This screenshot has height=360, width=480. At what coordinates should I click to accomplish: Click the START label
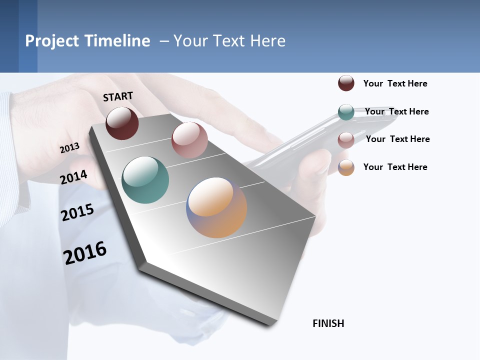pyautogui.click(x=118, y=96)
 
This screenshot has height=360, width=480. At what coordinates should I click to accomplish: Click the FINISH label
pyautogui.click(x=328, y=323)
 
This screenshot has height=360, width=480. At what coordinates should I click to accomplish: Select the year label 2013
pyautogui.click(x=69, y=147)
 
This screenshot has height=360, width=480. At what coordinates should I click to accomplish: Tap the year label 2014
pyautogui.click(x=73, y=177)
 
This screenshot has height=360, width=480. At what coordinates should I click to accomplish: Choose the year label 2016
pyautogui.click(x=85, y=252)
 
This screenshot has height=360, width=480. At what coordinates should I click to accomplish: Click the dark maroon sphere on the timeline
pyautogui.click(x=122, y=123)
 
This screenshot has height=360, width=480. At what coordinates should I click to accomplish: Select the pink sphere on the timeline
pyautogui.click(x=189, y=140)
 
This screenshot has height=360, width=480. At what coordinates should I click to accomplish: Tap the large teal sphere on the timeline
pyautogui.click(x=145, y=180)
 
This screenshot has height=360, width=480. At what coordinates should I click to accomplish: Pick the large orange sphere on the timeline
pyautogui.click(x=216, y=207)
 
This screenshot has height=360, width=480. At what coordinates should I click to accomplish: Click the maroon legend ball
pyautogui.click(x=346, y=83)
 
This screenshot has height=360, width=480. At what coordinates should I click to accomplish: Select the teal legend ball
pyautogui.click(x=346, y=112)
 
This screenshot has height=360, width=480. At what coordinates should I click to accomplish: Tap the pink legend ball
pyautogui.click(x=346, y=140)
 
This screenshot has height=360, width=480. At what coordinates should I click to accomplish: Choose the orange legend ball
pyautogui.click(x=346, y=167)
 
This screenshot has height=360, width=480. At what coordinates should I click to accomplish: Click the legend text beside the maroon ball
pyautogui.click(x=395, y=83)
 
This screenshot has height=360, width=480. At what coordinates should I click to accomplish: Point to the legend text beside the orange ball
pyautogui.click(x=395, y=167)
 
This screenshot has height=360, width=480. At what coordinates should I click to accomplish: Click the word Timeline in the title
pyautogui.click(x=117, y=41)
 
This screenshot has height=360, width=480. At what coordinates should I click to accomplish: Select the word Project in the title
pyautogui.click(x=52, y=41)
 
